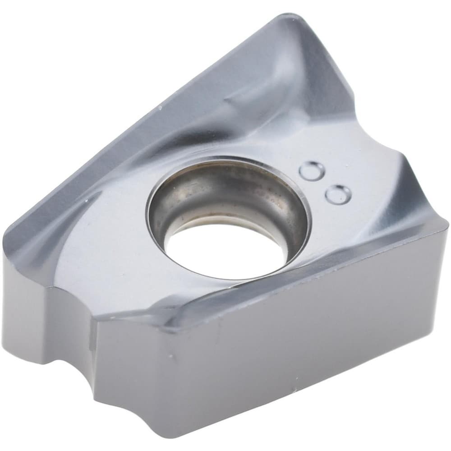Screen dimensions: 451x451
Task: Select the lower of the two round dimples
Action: tap(338, 194)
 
